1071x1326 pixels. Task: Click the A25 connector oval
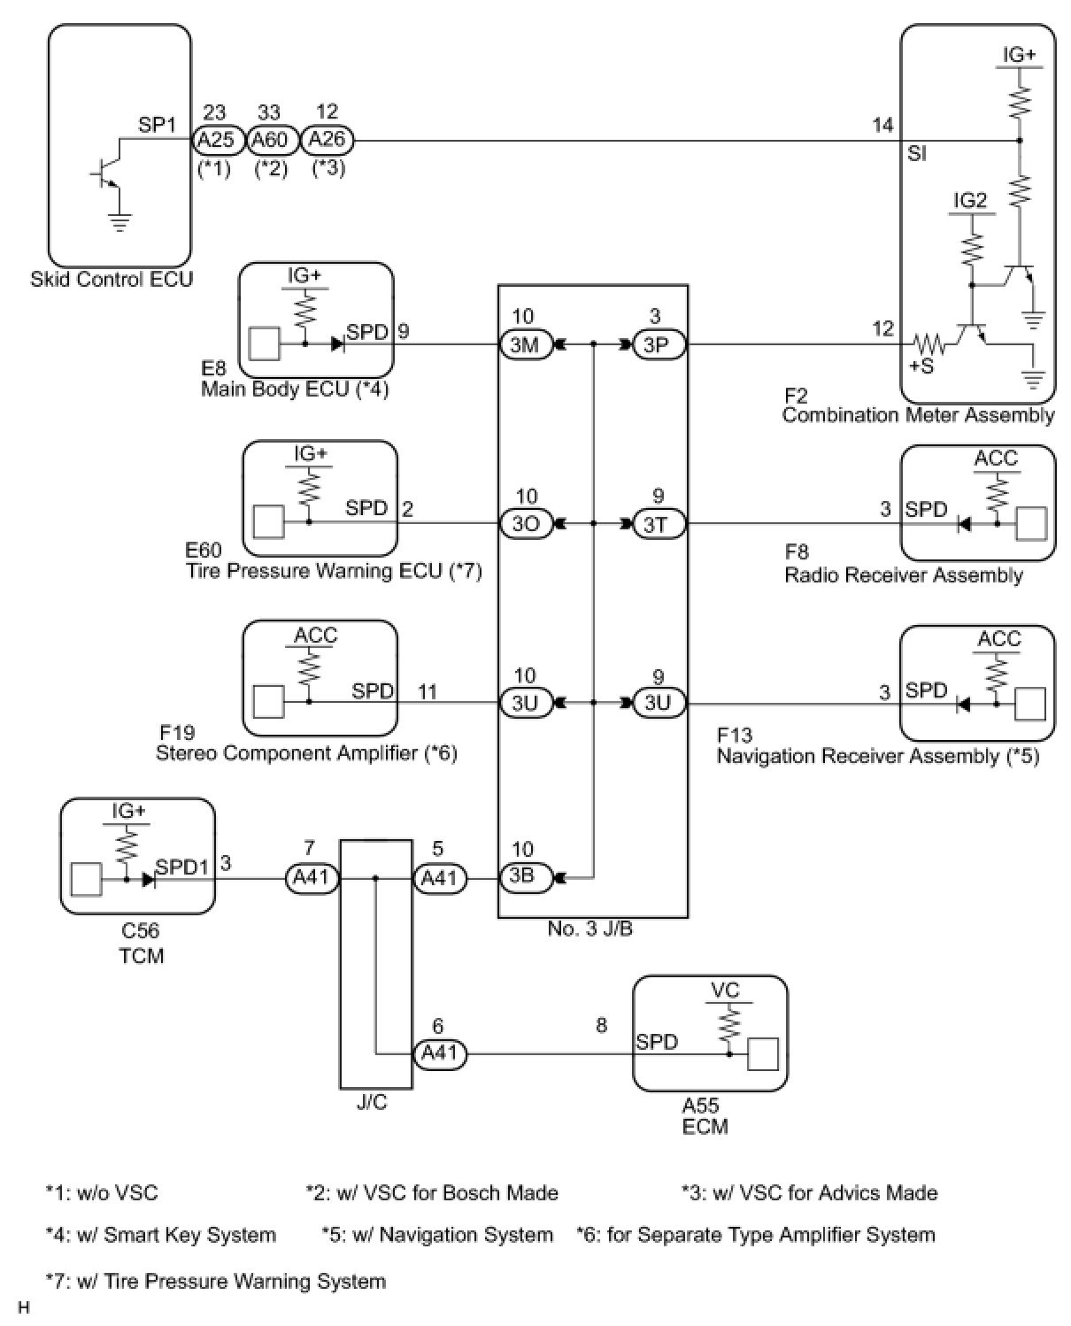point(215,140)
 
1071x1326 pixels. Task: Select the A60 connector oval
point(269,140)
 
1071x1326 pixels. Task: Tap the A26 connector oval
point(327,140)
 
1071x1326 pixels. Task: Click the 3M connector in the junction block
point(526,343)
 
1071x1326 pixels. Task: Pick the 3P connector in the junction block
point(659,343)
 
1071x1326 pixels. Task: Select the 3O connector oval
point(526,523)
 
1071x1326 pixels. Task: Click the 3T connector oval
point(659,523)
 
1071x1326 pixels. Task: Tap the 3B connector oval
point(525,877)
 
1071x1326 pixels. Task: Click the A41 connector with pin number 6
point(440,1054)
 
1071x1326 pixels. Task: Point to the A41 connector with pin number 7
point(312,878)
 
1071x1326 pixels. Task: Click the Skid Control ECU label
point(112,280)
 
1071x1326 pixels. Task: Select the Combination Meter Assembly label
point(918,415)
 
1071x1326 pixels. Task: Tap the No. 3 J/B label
point(590,929)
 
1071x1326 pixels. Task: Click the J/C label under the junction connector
point(372,1103)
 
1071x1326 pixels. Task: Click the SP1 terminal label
point(157,125)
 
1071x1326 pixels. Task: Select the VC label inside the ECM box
point(726,990)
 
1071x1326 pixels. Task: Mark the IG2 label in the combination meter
point(970,200)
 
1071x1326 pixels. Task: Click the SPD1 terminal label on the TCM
point(181,867)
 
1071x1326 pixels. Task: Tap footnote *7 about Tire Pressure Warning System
point(216,1282)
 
